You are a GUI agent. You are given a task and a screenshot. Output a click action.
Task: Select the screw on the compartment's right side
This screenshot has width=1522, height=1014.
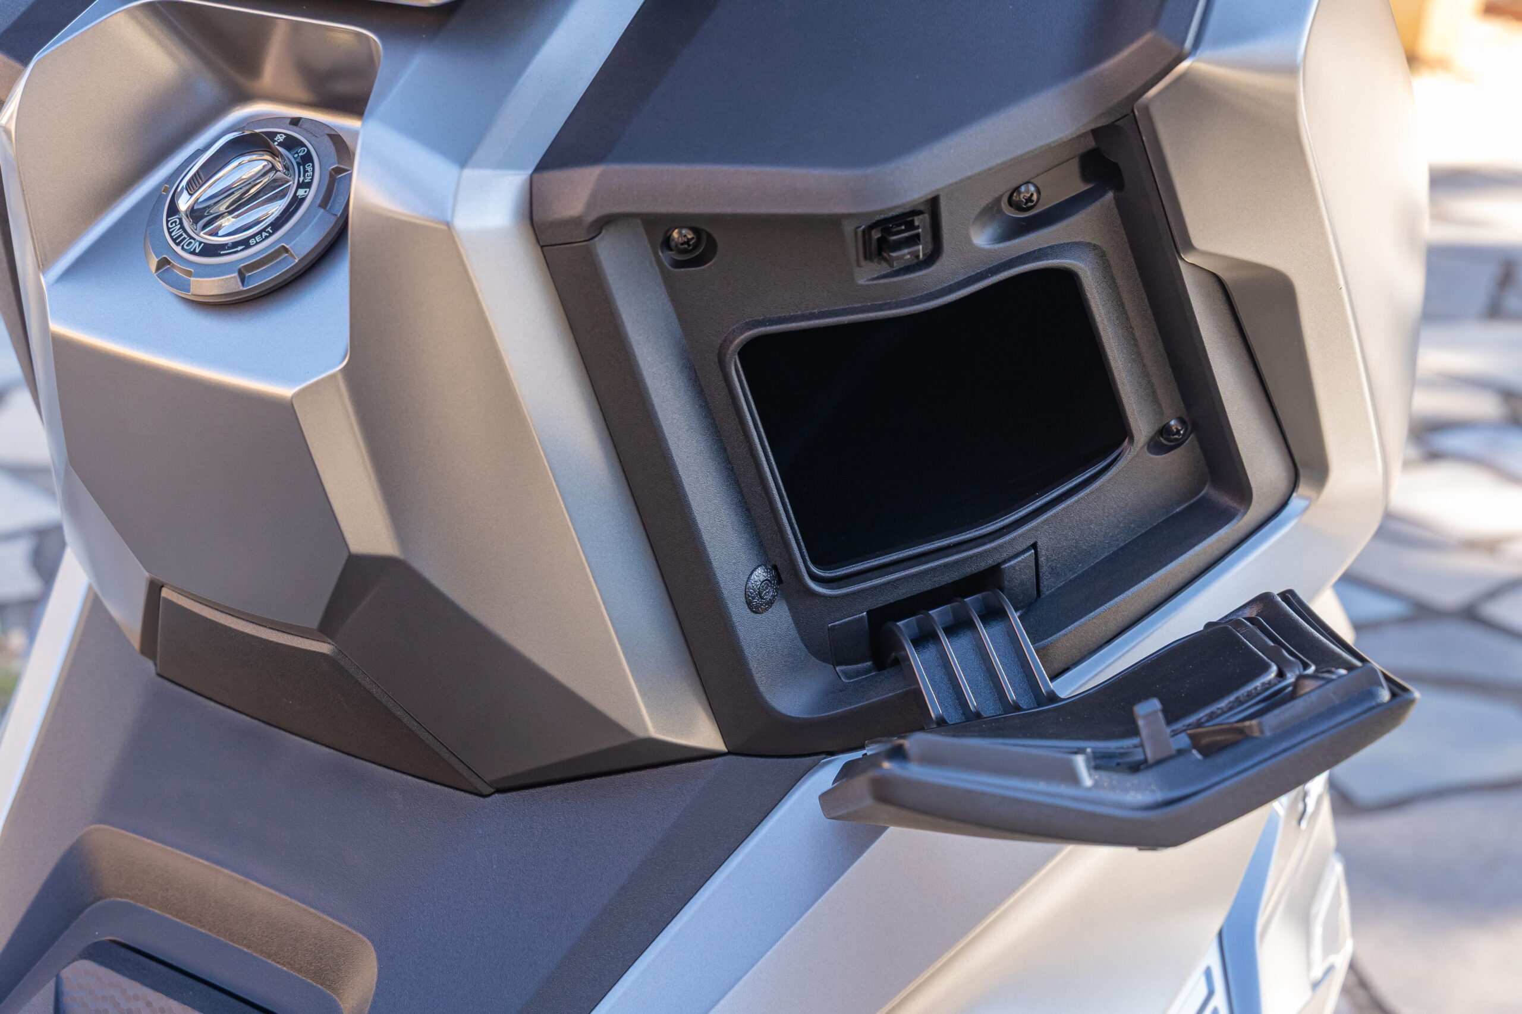(x=1173, y=430)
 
